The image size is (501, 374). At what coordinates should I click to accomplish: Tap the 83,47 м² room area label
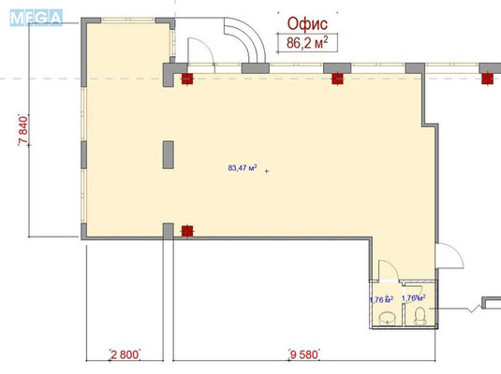coord(243,169)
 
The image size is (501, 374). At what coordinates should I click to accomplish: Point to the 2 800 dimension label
coord(124,354)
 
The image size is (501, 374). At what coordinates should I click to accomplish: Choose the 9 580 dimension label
coord(302,354)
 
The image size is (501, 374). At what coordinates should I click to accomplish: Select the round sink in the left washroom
coord(388,319)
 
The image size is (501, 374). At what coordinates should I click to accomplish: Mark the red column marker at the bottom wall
coord(186,230)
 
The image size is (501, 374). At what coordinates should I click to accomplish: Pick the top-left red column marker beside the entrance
coord(186,78)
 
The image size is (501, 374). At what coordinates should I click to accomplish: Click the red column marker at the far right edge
coord(486,78)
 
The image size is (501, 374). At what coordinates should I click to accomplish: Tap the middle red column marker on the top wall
coord(338,78)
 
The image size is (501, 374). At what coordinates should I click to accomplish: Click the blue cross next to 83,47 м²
coord(267,172)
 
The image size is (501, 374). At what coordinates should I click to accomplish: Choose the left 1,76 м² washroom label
coord(380,299)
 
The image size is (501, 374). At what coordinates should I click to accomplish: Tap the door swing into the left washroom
coord(387,274)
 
